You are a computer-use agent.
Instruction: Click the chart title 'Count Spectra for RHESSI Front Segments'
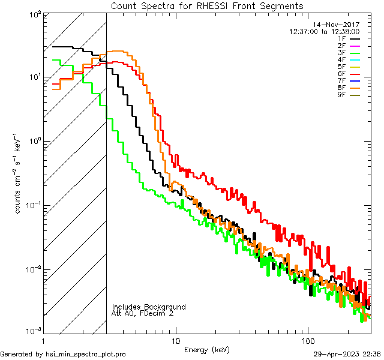click(x=207, y=5)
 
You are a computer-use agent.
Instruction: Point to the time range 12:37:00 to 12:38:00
click(x=324, y=31)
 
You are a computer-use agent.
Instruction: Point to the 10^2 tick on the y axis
click(x=34, y=14)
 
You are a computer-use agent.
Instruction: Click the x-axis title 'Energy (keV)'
click(x=206, y=350)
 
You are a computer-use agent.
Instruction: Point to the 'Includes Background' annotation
click(x=149, y=307)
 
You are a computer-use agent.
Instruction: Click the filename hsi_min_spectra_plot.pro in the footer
click(x=86, y=354)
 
